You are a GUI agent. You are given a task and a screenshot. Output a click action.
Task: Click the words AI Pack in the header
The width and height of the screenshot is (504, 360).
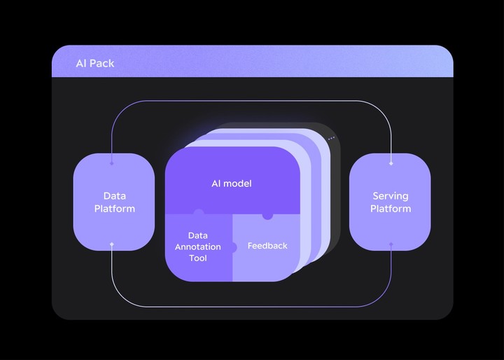coord(94,64)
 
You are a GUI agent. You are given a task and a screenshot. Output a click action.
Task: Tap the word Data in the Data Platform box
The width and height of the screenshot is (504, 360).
coord(114,196)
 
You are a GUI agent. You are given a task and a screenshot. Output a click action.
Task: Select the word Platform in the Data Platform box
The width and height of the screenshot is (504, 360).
coord(114,209)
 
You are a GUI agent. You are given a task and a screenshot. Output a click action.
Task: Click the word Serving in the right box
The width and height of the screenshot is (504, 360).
coord(390,196)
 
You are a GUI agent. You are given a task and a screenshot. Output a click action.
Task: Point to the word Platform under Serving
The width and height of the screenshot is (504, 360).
coord(390,209)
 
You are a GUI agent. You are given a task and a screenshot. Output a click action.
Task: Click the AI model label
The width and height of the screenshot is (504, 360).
coord(231,184)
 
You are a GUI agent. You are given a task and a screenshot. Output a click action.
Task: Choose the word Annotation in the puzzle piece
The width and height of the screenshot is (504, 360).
coord(198,247)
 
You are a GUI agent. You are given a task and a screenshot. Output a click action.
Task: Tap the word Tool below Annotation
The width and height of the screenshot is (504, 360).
coord(198,258)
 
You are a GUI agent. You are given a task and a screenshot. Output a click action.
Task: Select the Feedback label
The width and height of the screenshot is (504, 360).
coord(267,246)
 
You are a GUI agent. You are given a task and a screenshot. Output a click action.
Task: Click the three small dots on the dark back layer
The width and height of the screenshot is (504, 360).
coord(331,139)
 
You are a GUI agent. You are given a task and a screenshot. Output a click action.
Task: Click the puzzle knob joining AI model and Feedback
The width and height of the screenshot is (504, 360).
coord(267,216)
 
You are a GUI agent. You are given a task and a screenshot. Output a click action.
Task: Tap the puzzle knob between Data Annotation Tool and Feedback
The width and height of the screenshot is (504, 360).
coord(233,247)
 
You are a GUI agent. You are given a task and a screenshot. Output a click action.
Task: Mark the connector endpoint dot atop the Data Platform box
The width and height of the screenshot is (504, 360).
coord(112,164)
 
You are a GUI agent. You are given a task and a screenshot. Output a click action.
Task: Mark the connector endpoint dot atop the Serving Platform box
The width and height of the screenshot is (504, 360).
coord(391,164)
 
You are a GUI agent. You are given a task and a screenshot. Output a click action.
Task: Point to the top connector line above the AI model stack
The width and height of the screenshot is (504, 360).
coord(252,102)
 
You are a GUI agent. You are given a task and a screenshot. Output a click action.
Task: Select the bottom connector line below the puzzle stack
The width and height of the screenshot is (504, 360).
coord(252,306)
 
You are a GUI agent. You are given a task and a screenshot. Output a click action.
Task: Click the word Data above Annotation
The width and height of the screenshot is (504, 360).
coord(197,236)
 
